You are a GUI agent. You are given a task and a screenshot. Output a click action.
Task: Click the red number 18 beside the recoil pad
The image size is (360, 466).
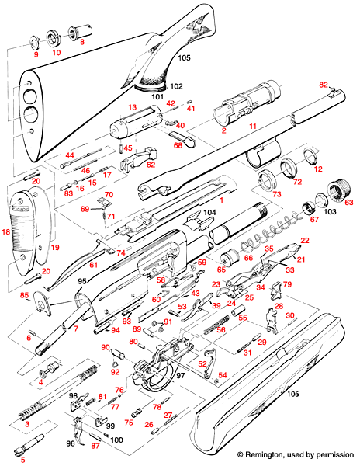pyautogui.click(x=6, y=232)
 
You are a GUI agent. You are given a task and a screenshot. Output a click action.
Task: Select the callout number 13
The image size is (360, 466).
pyautogui.click(x=132, y=106)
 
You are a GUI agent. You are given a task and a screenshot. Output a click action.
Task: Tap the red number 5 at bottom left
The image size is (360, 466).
pyautogui.click(x=22, y=460)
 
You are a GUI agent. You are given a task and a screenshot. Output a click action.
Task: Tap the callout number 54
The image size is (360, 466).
pyautogui.click(x=223, y=376)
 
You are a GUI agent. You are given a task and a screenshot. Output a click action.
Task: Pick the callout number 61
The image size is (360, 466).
pyautogui.click(x=93, y=266)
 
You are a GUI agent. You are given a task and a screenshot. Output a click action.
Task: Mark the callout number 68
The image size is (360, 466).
pyautogui.click(x=178, y=144)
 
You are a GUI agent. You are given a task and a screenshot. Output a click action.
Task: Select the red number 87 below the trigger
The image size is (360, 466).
pyautogui.click(x=96, y=446)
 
